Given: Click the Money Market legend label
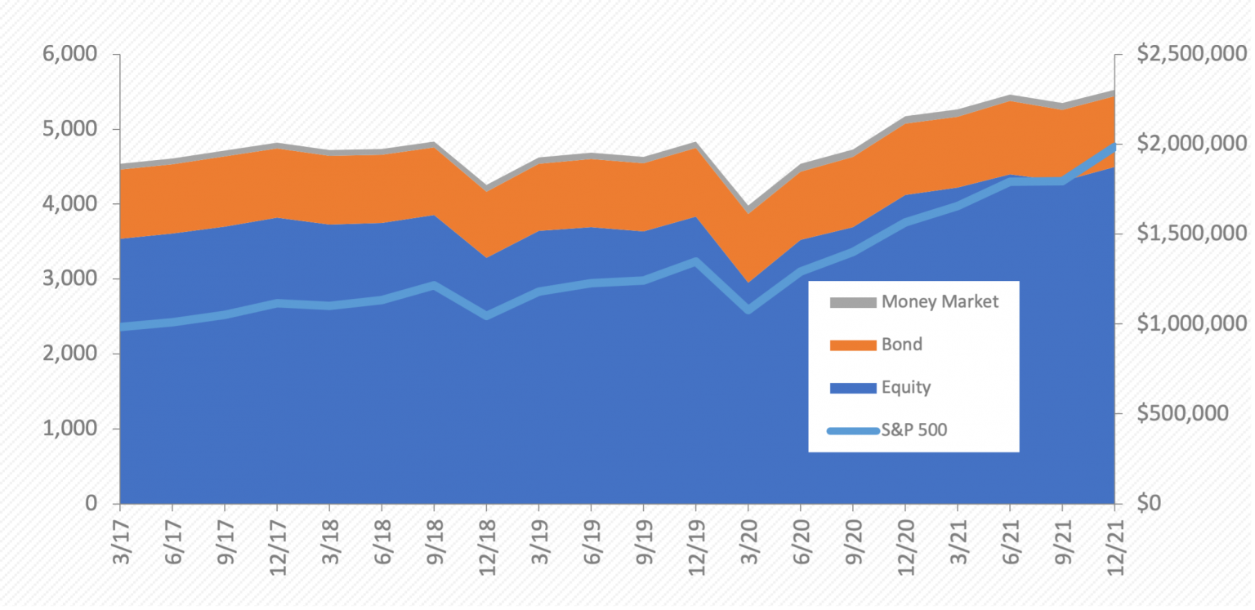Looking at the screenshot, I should click(940, 301).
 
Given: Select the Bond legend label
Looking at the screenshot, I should click(901, 344).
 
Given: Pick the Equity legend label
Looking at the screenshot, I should click(905, 386).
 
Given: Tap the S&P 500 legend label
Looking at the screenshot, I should click(913, 430).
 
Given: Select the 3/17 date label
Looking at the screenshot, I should click(120, 543).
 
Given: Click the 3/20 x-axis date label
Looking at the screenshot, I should click(748, 543).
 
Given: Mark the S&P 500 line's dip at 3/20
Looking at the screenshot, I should click(748, 310).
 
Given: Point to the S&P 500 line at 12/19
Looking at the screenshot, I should click(695, 261).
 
